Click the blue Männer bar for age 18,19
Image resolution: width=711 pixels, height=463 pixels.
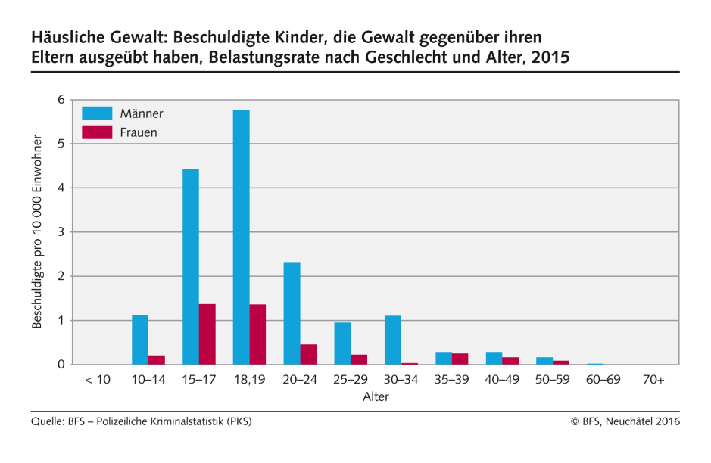(x=242, y=238)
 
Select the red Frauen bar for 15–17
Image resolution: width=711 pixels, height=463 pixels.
(x=207, y=334)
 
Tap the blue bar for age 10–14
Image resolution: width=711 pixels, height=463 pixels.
(x=140, y=340)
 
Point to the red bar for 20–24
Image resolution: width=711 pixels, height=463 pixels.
(x=308, y=354)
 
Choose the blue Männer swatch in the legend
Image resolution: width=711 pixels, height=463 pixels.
(x=97, y=113)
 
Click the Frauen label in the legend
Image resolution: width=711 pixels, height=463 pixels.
(x=139, y=132)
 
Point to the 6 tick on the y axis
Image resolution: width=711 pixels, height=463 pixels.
(x=61, y=100)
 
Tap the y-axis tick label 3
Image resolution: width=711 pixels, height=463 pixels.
(x=61, y=232)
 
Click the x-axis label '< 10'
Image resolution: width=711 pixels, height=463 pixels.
(x=98, y=379)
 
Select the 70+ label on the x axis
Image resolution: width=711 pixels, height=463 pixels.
(x=653, y=379)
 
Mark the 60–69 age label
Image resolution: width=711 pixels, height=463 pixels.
(x=603, y=379)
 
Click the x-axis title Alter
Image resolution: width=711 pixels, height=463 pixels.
(x=376, y=396)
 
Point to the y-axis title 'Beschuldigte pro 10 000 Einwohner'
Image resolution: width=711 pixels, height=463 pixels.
(x=37, y=231)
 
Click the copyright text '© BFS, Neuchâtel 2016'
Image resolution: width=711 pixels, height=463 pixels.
(x=625, y=421)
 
